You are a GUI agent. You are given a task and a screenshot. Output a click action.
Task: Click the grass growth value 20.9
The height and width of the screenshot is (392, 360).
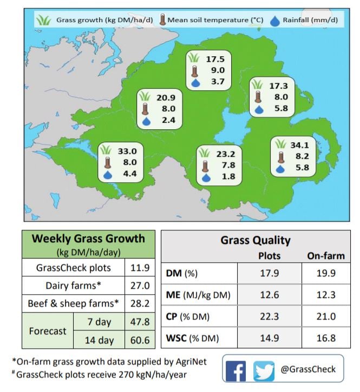click(166, 97)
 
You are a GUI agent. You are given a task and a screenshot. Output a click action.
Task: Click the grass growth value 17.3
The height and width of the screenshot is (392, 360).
click(278, 85)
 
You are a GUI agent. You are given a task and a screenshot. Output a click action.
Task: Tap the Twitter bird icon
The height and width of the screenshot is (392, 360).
click(265, 370)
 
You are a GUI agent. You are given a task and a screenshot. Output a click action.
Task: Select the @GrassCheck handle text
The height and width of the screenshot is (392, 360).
click(309, 369)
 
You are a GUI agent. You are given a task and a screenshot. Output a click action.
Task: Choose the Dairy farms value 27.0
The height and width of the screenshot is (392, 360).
click(143, 285)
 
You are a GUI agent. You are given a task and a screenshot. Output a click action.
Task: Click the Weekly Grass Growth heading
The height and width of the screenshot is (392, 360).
click(88, 238)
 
